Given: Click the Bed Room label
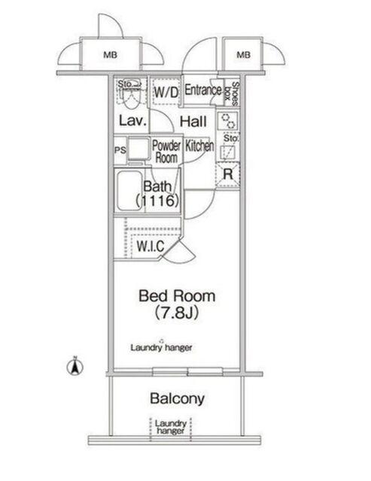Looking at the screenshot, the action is tap(177, 295).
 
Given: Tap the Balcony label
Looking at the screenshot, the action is tap(177, 398).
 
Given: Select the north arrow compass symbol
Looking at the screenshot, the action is tap(75, 366).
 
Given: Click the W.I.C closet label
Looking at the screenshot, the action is tap(151, 247).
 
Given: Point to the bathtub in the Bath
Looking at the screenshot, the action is tap(129, 190).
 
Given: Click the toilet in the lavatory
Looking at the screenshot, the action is tap(132, 95).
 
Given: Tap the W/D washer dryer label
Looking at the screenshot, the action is tap(166, 92).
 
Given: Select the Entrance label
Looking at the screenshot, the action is tap(202, 90).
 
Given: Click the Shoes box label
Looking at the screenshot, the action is tap(232, 93).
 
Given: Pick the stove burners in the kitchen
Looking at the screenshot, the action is tap(228, 121).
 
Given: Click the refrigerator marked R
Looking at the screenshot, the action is tap(227, 174).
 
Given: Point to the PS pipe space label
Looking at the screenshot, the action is tap(120, 150).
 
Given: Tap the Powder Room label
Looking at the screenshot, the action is tap(166, 152).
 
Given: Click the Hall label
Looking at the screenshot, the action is tap(193, 122).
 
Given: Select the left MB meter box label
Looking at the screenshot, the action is tap(111, 55).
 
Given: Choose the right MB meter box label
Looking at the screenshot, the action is tap(244, 55).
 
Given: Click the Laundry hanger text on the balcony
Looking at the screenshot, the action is tap(171, 427).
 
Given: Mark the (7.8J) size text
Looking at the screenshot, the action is tap(176, 313).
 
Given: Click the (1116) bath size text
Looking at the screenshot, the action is tap(157, 201).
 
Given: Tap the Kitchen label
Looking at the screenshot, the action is tap(199, 146).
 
